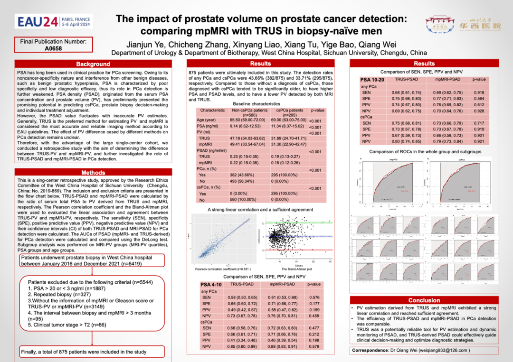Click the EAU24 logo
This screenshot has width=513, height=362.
tap(54, 22)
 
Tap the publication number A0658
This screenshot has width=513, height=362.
tap(53, 48)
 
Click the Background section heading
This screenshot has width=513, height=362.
tap(93, 64)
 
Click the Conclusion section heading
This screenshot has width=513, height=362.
tap(424, 300)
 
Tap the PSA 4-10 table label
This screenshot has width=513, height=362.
tap(210, 284)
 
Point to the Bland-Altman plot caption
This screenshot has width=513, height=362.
tap(296, 269)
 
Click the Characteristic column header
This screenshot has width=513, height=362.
tap(212, 110)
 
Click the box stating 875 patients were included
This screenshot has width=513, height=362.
tap(84, 352)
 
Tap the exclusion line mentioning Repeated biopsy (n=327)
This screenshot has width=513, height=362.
tap(59, 294)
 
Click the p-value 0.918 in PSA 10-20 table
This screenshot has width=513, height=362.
tap(479, 93)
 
